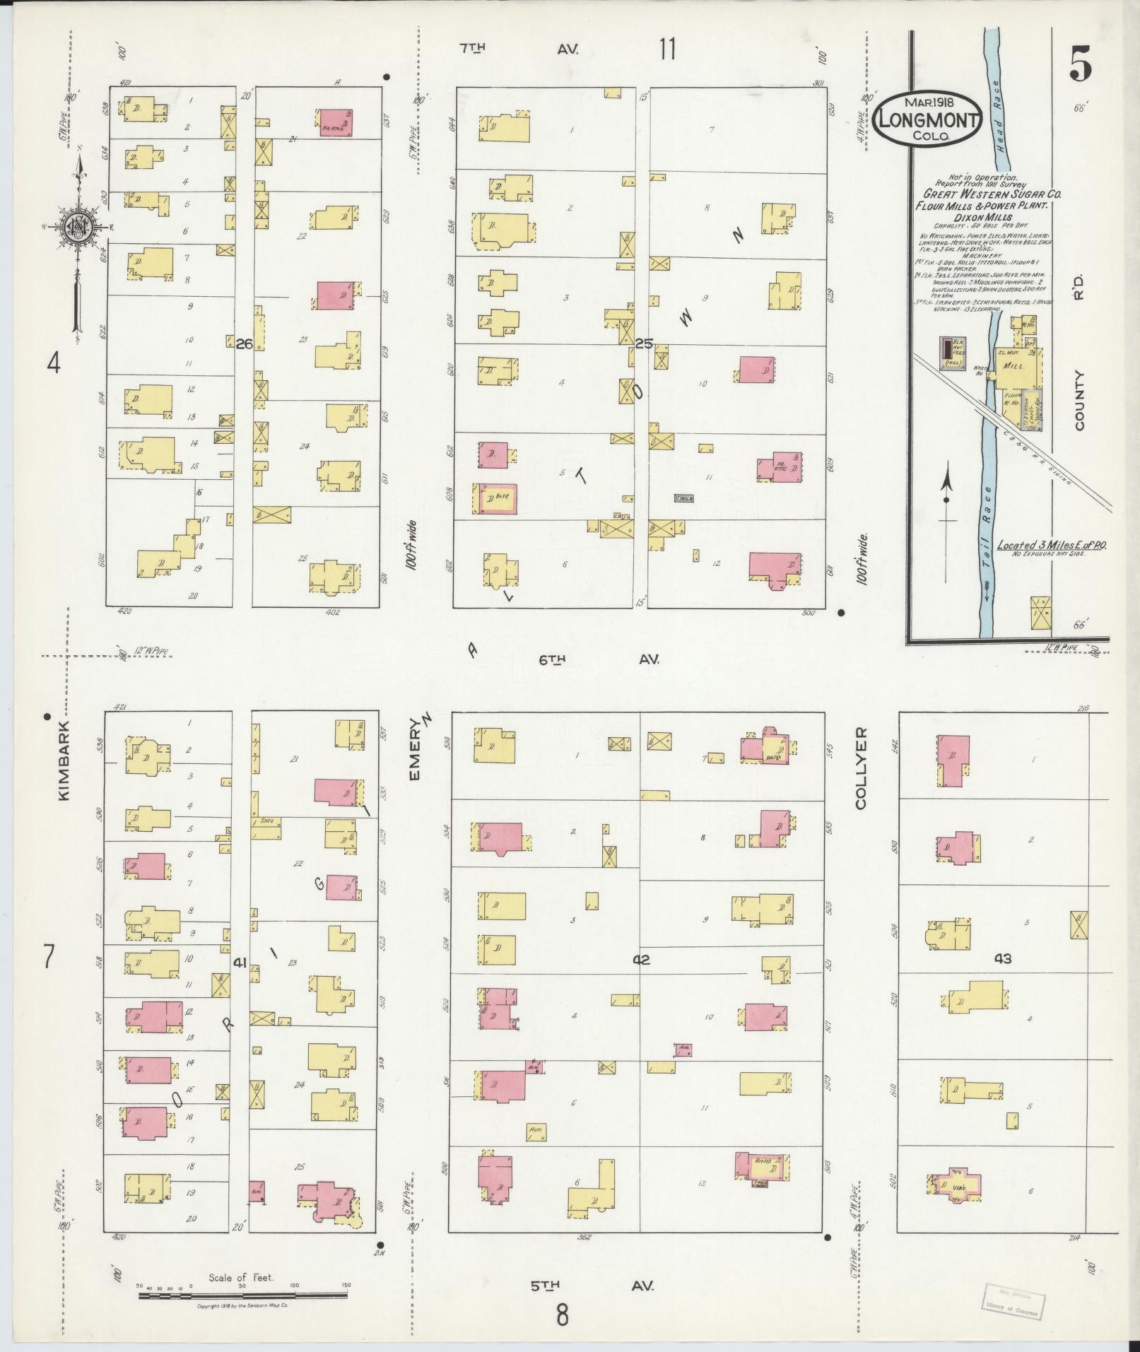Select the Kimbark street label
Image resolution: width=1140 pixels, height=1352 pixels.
pos(65,760)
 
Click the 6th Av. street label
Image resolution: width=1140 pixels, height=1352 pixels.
pos(599,659)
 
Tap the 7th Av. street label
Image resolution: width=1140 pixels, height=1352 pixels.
pos(519,49)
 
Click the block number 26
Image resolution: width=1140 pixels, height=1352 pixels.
pos(244,345)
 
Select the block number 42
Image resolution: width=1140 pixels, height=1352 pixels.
pos(641,960)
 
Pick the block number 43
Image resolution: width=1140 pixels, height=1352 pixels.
pos(1002,958)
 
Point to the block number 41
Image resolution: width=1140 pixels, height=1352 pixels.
pos(240,962)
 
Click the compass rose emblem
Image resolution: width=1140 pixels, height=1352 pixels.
pos(74,227)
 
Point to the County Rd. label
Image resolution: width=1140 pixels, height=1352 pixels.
pos(1079,353)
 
